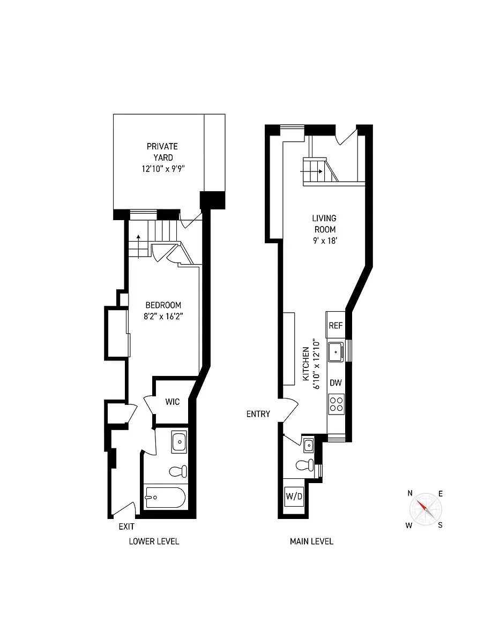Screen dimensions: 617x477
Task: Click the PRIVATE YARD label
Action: [162, 152]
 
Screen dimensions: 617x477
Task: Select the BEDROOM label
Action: [163, 305]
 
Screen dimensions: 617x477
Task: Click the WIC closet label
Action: [172, 402]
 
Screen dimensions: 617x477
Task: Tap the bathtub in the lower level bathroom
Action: [165, 498]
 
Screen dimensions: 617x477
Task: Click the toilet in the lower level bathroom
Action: [177, 471]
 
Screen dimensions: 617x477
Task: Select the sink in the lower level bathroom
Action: [179, 442]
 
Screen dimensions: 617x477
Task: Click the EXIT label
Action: [126, 527]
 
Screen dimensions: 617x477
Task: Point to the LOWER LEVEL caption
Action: [154, 541]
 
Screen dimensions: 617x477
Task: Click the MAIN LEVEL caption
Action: [311, 541]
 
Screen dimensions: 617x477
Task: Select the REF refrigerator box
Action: [336, 326]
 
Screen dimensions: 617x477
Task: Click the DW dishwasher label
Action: [336, 382]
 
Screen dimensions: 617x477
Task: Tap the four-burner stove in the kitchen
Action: [336, 403]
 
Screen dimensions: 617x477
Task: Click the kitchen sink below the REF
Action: [336, 352]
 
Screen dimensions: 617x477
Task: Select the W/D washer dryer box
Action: [294, 496]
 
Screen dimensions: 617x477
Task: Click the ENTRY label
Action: [258, 414]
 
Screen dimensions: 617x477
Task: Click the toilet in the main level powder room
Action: [305, 464]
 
